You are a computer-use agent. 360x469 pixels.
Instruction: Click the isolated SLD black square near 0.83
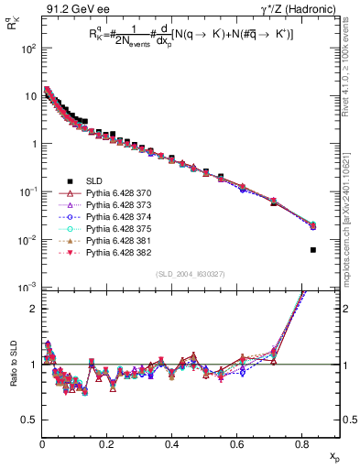pos(313,249)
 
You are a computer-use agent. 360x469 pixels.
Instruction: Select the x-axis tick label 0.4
pos(171,448)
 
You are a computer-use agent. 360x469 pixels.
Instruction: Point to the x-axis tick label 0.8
pos(301,448)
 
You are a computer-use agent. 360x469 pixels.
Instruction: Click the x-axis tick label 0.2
pos(106,448)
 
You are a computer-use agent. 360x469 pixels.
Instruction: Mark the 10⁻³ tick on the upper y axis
pos(27,288)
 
